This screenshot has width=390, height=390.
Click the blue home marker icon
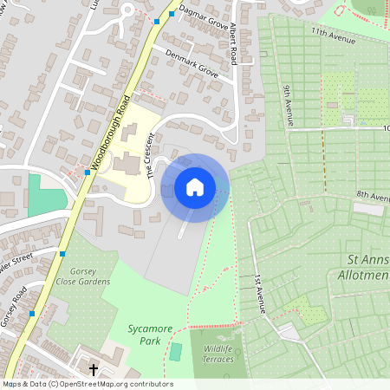(195, 186)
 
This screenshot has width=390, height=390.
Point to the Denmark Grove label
(192, 63)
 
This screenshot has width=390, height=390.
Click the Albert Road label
(232, 45)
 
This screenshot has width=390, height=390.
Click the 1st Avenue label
(257, 294)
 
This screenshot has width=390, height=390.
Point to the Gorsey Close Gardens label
(82, 276)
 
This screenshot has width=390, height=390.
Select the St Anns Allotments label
(367, 266)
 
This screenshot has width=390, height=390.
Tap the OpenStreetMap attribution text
(87, 384)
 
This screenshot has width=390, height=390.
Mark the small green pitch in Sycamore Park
(176, 352)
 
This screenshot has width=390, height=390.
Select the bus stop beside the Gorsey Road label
(32, 313)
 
